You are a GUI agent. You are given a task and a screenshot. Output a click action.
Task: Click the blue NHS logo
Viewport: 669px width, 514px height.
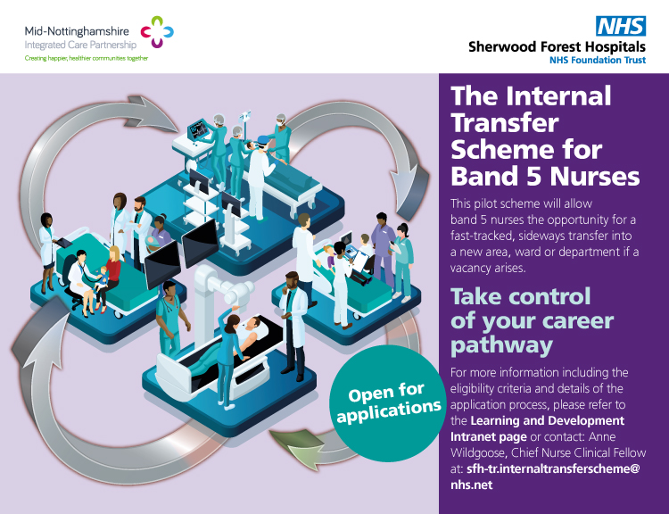point(620,26)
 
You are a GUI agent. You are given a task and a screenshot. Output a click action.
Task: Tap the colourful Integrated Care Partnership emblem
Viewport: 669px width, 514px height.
point(157,31)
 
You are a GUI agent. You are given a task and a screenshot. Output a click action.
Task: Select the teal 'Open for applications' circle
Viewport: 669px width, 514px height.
point(388,403)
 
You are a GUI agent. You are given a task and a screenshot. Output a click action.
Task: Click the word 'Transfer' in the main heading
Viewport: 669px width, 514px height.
point(504,123)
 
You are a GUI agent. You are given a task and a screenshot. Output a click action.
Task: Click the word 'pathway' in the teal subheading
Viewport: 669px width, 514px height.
point(501,346)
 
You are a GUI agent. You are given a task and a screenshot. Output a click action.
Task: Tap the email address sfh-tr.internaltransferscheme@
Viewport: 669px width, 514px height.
point(553,468)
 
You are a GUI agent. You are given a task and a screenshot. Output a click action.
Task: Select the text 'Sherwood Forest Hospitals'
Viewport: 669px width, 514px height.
point(557,46)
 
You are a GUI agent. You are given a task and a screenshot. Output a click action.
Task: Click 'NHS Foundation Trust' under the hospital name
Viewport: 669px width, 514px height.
point(598,60)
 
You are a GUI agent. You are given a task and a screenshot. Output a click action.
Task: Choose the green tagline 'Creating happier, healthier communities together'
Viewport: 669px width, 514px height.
point(87,59)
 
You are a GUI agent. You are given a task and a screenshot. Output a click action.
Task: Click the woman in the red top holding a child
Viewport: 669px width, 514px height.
point(109,278)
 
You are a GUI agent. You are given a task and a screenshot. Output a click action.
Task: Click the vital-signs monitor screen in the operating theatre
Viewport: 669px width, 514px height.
point(199,129)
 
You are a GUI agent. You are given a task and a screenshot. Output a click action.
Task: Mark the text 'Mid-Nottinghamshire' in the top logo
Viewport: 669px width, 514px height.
point(77,31)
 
